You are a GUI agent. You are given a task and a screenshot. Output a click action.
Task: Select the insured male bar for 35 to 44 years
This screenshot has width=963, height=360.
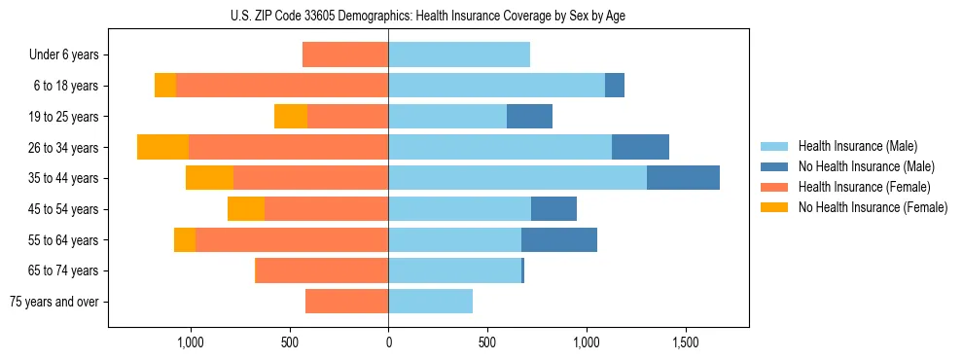517,178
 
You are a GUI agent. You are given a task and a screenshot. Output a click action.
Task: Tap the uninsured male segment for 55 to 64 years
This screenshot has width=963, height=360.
559,239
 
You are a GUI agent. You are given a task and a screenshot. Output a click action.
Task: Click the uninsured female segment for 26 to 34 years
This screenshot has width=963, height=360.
162,147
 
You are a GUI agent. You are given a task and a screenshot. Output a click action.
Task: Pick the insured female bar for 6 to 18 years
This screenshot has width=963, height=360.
282,86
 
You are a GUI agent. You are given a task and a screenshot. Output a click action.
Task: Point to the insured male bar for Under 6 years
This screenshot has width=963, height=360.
459,54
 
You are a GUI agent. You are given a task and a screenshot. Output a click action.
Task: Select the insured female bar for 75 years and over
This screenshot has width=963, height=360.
347,302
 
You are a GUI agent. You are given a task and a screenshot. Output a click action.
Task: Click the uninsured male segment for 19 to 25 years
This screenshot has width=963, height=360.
529,116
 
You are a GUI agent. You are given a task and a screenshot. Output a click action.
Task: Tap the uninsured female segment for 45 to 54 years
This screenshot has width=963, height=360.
246,209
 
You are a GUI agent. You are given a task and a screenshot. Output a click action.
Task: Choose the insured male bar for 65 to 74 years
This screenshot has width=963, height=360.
454,270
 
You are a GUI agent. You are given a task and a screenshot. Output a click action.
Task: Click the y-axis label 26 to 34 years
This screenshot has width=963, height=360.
64,148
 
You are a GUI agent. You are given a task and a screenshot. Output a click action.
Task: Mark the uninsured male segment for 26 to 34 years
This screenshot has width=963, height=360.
640,147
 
